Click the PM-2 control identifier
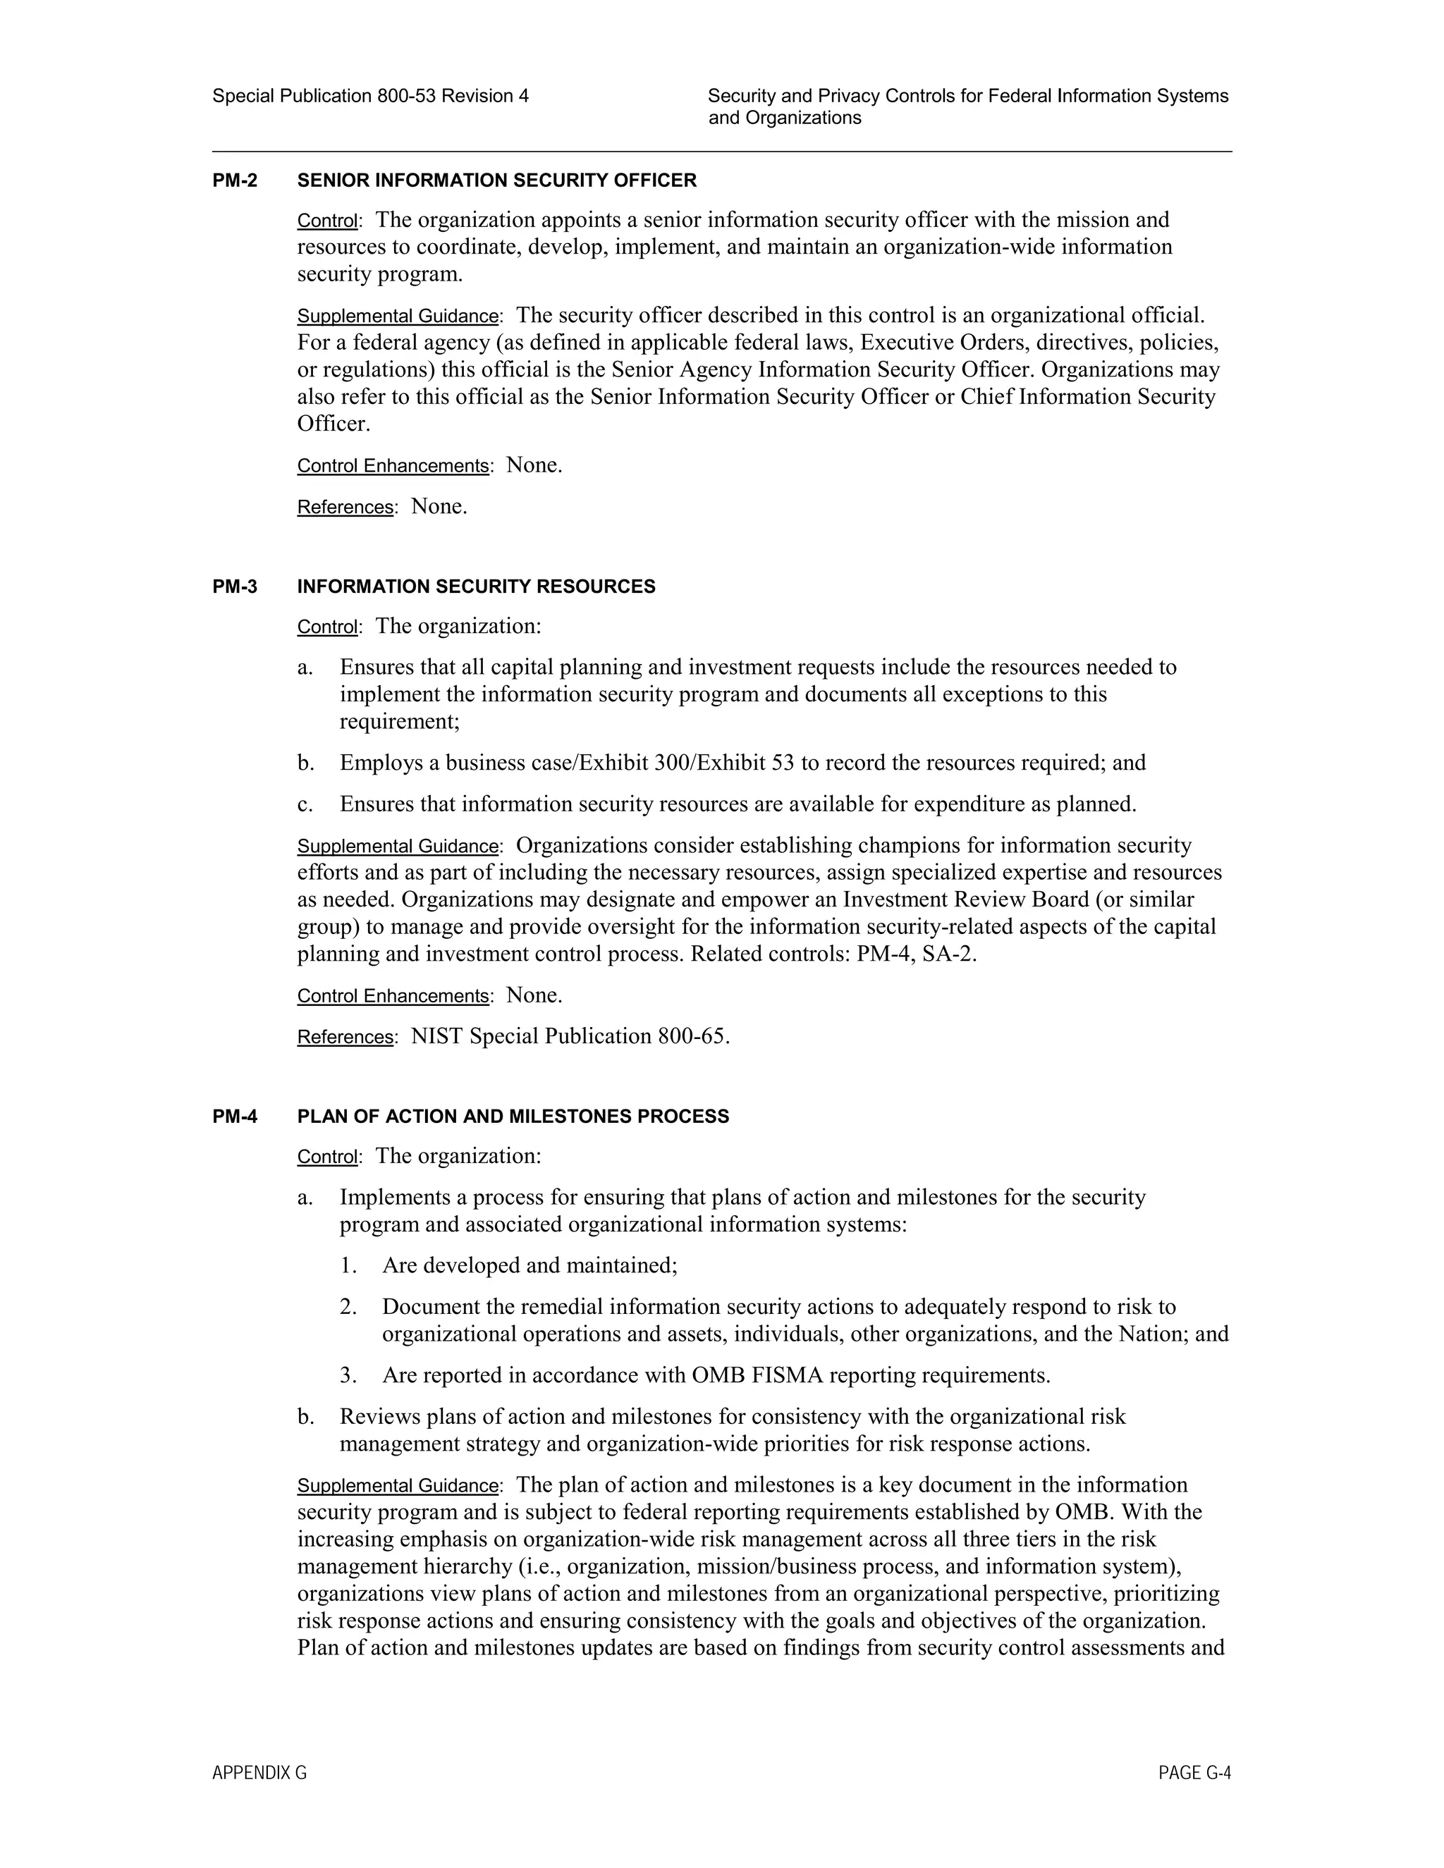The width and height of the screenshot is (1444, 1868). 234,180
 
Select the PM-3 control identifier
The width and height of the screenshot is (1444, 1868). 234,586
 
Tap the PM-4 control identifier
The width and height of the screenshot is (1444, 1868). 234,1116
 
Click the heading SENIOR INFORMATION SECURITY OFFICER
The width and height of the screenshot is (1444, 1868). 496,180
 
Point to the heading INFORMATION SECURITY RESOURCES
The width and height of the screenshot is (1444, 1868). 476,586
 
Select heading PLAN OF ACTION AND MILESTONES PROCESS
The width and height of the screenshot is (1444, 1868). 513,1116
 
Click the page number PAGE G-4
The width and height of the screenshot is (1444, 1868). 1194,1773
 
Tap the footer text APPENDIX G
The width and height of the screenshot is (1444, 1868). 259,1773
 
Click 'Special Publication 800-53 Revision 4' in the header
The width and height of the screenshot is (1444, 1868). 370,96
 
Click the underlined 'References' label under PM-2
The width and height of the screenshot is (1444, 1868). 345,508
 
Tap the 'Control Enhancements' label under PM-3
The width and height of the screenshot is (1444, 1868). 393,997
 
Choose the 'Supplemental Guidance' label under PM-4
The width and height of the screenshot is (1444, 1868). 398,1486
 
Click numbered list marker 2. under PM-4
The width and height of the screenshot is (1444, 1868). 348,1307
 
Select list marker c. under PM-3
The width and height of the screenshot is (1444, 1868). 305,805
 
